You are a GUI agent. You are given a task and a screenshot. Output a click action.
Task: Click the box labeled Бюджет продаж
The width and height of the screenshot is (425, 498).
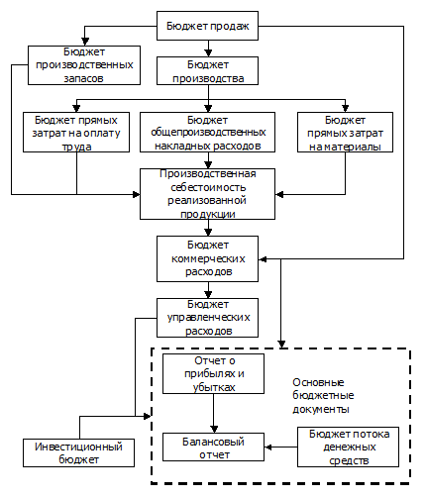click(207, 26)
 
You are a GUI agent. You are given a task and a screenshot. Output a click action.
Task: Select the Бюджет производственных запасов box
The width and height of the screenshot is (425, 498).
click(84, 65)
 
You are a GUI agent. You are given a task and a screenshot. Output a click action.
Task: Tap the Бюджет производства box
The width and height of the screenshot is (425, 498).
click(207, 71)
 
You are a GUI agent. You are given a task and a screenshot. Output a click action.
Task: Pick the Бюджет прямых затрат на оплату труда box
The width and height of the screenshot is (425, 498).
click(76, 133)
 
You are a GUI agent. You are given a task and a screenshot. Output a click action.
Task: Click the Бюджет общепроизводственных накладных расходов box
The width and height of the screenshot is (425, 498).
click(207, 133)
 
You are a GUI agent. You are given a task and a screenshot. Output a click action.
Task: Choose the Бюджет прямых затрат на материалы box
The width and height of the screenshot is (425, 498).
click(345, 133)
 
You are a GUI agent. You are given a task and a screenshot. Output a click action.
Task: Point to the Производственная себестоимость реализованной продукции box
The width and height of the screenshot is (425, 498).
click(207, 194)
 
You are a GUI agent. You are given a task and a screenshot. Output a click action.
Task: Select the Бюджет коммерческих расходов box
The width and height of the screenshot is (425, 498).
click(207, 258)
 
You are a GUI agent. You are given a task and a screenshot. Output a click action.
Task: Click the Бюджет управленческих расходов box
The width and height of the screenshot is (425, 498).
click(207, 318)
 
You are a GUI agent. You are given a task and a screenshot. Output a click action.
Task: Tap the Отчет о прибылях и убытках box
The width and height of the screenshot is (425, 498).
click(213, 374)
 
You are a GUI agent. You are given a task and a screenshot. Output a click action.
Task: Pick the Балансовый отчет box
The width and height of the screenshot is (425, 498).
click(213, 448)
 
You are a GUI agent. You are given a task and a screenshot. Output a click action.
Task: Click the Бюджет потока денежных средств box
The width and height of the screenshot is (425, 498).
click(348, 448)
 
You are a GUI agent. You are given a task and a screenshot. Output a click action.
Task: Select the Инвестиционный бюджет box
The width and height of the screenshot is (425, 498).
click(78, 452)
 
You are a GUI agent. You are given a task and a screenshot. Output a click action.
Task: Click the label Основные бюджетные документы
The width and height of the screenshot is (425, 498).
click(323, 396)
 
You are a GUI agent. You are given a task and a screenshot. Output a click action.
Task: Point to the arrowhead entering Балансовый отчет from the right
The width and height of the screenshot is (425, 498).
click(268, 448)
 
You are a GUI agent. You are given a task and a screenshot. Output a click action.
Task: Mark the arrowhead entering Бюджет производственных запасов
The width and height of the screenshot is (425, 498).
click(85, 42)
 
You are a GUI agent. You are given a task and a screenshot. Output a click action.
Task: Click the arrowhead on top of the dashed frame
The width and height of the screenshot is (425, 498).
click(281, 344)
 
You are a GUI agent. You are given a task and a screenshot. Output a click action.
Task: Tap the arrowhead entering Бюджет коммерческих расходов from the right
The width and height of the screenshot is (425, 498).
click(263, 259)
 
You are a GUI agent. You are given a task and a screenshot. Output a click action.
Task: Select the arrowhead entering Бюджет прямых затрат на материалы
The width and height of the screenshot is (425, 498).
click(345, 108)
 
